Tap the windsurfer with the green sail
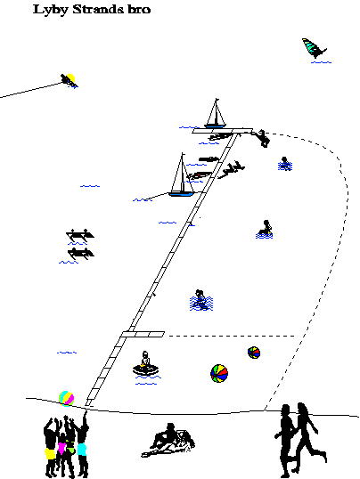(315, 48)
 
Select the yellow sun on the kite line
(70, 78)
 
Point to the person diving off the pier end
(261, 138)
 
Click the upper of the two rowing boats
(80, 235)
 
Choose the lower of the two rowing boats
(81, 254)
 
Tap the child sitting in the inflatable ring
(145, 364)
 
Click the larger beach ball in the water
(219, 373)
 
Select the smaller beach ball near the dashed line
(254, 353)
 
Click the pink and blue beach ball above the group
(66, 398)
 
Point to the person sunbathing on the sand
(168, 441)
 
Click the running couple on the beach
(300, 440)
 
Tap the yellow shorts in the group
(50, 453)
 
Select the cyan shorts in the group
(82, 450)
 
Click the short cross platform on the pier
(143, 334)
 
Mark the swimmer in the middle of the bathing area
(201, 300)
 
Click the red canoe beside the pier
(200, 175)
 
